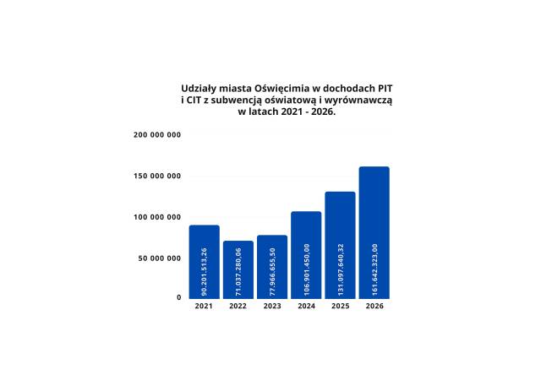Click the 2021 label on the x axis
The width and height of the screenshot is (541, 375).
204,306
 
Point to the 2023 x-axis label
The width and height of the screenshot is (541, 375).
271,306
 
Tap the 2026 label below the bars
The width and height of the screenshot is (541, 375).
374,306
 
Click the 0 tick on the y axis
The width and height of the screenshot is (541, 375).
178,297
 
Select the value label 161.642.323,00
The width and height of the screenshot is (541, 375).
374,269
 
